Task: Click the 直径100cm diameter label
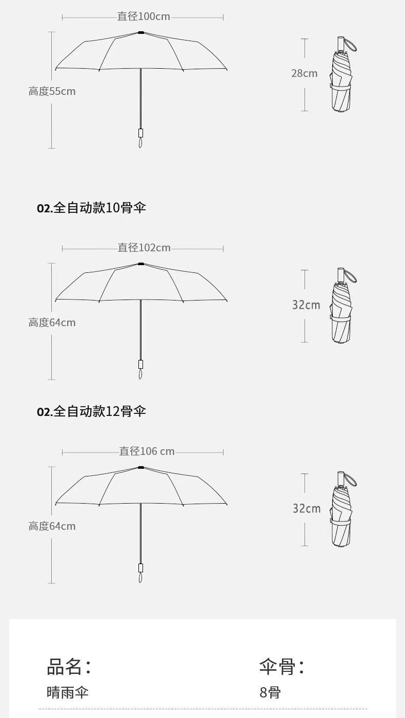tap(144, 16)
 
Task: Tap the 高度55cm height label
tap(52, 91)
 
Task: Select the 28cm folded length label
tap(304, 73)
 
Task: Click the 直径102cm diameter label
tap(144, 248)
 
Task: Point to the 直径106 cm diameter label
tap(147, 451)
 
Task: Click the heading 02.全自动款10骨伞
tap(91, 208)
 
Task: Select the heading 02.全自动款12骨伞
tap(91, 411)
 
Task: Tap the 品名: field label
tap(69, 667)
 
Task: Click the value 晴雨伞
tap(68, 693)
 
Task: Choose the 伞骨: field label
tap(281, 667)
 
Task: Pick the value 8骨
tap(270, 693)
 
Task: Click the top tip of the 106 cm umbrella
tap(140, 467)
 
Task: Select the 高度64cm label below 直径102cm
tap(52, 323)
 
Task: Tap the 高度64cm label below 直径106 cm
tap(52, 526)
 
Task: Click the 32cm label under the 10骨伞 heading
tap(306, 305)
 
